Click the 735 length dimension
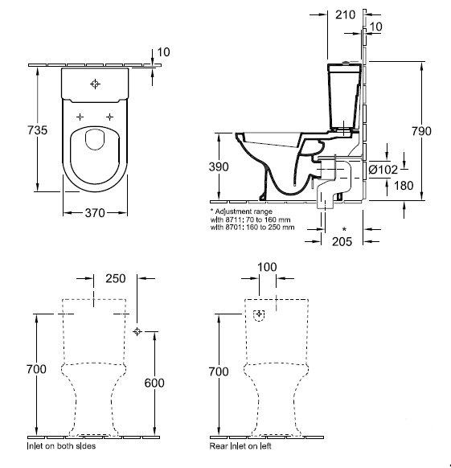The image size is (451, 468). pos(38,130)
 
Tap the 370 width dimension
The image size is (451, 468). pos(95,213)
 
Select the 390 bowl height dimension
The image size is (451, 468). pos(219,166)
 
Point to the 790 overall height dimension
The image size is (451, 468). pos(421,131)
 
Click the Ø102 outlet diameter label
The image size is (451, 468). pos(383,170)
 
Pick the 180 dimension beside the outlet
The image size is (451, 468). pos(404,186)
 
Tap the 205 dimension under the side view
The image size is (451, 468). pos(342,241)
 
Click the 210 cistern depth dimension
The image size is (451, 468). pos(346,14)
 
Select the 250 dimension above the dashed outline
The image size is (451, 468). pos(116,278)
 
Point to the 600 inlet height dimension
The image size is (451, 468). pos(154,383)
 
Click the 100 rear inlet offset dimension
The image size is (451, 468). pos(267,267)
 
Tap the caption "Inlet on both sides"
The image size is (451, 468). pos(61,446)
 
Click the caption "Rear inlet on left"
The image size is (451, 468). pos(240,446)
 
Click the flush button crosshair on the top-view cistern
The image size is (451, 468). pos(95,84)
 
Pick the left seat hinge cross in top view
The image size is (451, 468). pos(80,117)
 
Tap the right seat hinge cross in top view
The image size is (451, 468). pos(110,117)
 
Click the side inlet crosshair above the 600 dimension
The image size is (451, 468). pos(137,331)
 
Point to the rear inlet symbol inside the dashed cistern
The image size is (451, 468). pos(259,315)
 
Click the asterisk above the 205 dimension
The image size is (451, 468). pos(344,229)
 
